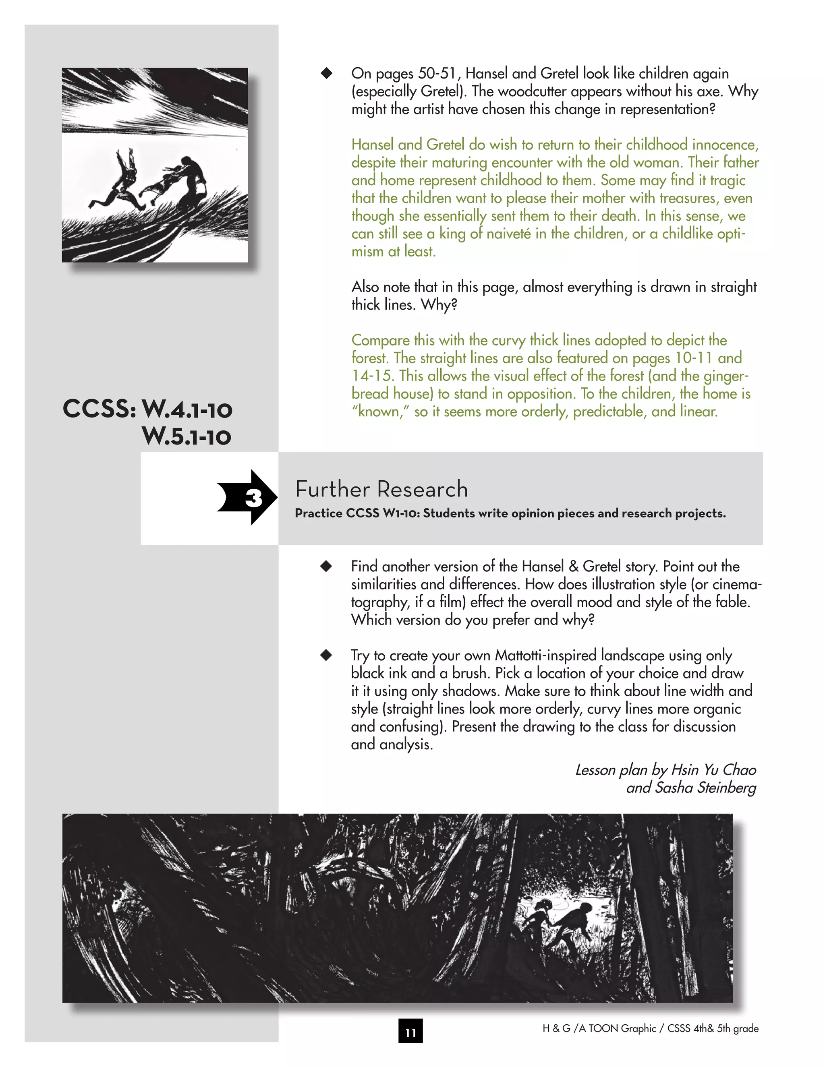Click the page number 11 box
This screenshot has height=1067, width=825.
click(x=410, y=1031)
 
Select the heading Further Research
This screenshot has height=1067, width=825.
click(x=381, y=489)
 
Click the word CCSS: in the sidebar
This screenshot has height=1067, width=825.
click(x=99, y=409)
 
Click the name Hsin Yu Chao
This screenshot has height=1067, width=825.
click(x=713, y=769)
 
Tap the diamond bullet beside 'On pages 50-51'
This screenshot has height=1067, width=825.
click(x=326, y=73)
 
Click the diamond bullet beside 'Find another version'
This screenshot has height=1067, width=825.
click(x=326, y=566)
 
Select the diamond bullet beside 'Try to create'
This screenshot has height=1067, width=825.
click(x=326, y=655)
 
